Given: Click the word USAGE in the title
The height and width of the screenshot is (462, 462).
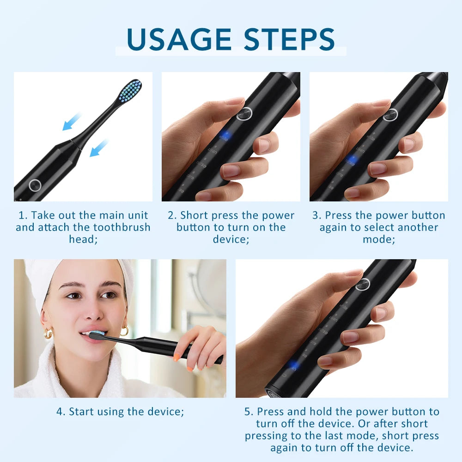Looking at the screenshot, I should pos(178,39).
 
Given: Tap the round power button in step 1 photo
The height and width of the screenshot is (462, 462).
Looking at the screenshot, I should pos(35,185).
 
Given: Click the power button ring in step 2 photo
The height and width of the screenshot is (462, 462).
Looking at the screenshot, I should pos(244,113).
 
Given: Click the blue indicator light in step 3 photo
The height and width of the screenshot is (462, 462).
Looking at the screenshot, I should pos(352,159).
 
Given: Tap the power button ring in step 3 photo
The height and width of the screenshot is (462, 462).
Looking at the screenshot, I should pos(390,114).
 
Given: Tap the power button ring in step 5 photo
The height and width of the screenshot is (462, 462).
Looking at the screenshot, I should pos(363,284).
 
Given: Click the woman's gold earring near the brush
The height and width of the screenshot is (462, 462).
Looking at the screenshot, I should pos(124,331).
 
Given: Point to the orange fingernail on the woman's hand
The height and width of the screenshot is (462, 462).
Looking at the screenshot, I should pos(177,357).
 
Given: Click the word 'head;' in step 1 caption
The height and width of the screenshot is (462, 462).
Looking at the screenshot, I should pos(83,239).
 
